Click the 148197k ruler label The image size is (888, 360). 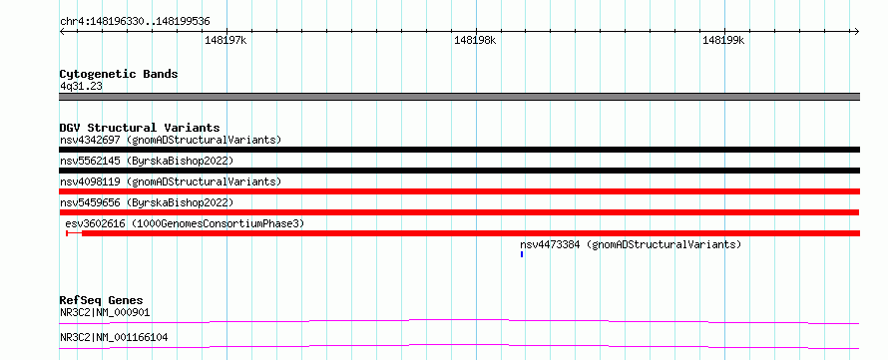[x=225, y=41]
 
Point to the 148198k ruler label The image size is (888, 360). [x=475, y=41]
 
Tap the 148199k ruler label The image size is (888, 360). [x=723, y=41]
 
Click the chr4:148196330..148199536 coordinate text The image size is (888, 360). [x=135, y=22]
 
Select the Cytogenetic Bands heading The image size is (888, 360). [x=119, y=74]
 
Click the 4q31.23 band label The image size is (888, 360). [x=81, y=87]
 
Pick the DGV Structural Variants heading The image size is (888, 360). [x=140, y=128]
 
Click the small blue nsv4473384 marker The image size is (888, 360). [x=522, y=254]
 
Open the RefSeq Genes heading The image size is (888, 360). [x=102, y=300]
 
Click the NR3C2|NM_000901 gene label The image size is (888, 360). [x=105, y=312]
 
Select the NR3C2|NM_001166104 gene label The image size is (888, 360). [x=114, y=338]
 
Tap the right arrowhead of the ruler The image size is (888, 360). [x=857, y=31]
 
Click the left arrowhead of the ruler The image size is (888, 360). [x=62, y=31]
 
